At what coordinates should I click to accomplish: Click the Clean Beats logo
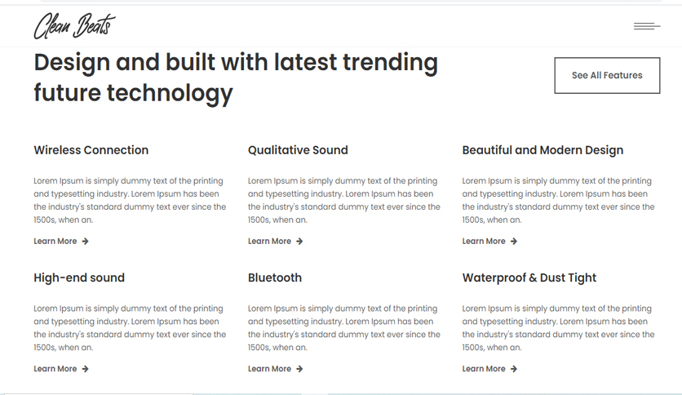click(74, 26)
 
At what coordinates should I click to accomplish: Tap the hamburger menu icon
click(647, 27)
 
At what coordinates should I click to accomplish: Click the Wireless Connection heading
click(91, 150)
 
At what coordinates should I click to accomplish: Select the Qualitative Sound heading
click(298, 150)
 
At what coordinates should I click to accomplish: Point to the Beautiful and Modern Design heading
click(542, 150)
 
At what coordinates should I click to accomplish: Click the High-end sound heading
click(79, 277)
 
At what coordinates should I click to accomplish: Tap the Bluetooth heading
click(275, 277)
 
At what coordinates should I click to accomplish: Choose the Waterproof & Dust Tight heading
click(529, 278)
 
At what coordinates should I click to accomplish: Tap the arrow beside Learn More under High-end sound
click(85, 369)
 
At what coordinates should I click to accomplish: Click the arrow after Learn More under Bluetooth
click(299, 369)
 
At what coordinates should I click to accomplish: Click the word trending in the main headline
click(390, 63)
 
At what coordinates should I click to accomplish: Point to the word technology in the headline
click(170, 94)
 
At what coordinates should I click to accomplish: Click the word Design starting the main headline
click(72, 63)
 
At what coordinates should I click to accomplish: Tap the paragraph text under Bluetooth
click(344, 328)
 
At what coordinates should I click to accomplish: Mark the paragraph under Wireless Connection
click(130, 200)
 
